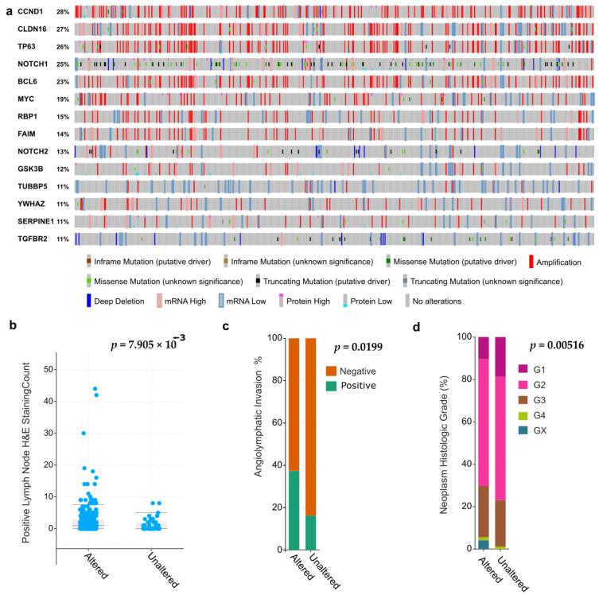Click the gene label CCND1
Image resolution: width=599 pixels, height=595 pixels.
[x=29, y=12]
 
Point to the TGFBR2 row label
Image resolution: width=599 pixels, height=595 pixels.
[x=32, y=239]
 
